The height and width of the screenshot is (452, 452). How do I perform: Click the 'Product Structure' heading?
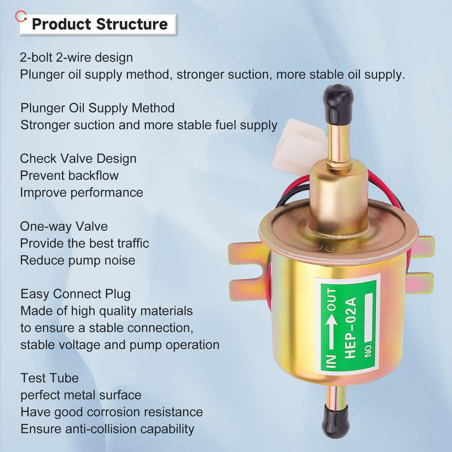[x=100, y=24]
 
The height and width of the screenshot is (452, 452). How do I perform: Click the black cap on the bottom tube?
[x=337, y=421]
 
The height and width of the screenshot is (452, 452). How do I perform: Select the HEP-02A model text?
[x=350, y=328]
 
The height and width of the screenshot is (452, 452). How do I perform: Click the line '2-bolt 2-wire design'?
[x=76, y=57]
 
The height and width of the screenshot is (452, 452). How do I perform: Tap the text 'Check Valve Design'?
[x=78, y=158]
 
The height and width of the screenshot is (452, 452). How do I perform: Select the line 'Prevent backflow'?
[x=69, y=175]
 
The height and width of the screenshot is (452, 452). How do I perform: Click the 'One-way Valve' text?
[x=64, y=226]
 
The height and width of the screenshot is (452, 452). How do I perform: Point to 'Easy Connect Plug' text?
[x=75, y=294]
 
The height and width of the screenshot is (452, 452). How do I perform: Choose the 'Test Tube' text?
[x=49, y=378]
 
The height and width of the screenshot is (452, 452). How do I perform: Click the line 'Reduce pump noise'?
[x=78, y=260]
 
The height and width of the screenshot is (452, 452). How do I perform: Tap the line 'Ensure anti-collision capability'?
[x=107, y=429]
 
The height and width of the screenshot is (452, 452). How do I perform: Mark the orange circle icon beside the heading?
[x=21, y=16]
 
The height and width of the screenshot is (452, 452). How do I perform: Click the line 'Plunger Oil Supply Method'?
[x=98, y=108]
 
